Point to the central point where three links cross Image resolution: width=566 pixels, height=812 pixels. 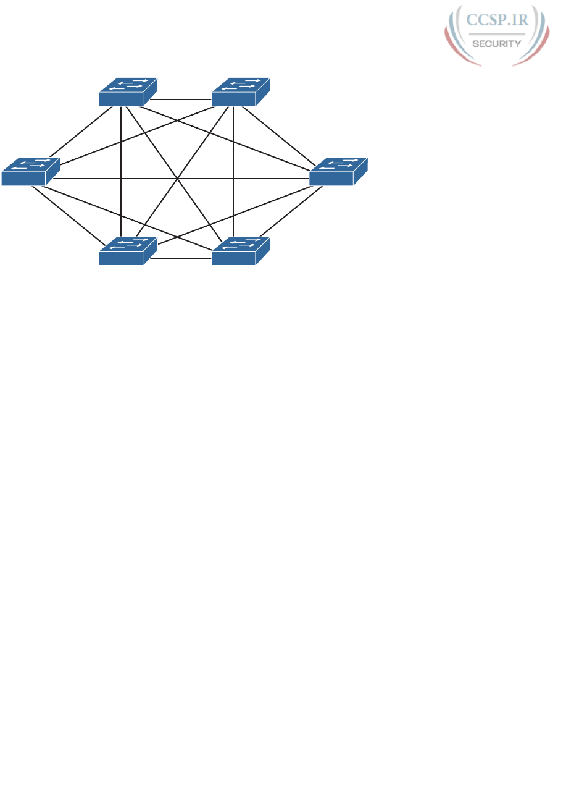[x=178, y=179]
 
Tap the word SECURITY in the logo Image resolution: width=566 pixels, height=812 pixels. [x=496, y=43]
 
